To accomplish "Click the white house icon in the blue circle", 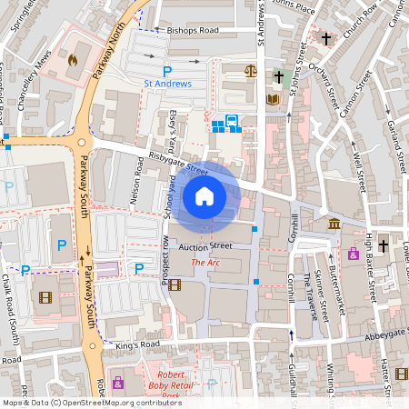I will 204,195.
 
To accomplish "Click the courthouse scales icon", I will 251,70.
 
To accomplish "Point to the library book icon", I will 272,99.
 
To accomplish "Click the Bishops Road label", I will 193,30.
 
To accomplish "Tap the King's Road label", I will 137,345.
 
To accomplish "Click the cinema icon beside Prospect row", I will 175,284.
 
